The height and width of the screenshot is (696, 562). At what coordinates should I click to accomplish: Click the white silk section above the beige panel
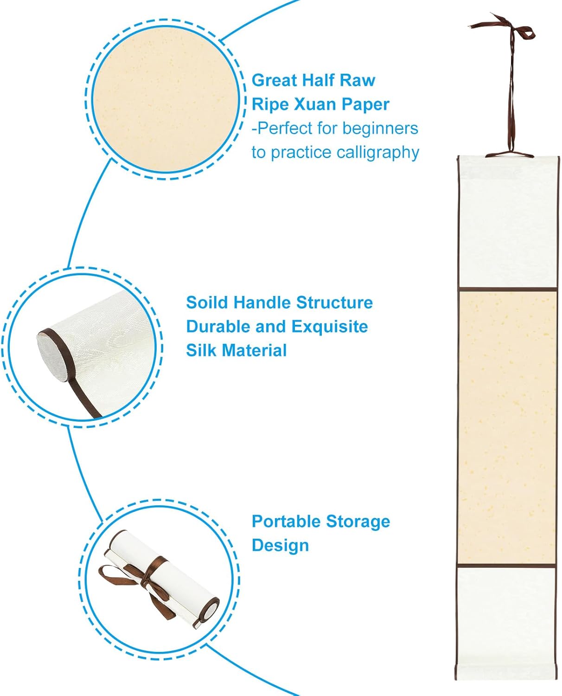(x=507, y=222)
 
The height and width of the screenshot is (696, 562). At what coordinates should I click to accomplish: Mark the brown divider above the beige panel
(x=507, y=289)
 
